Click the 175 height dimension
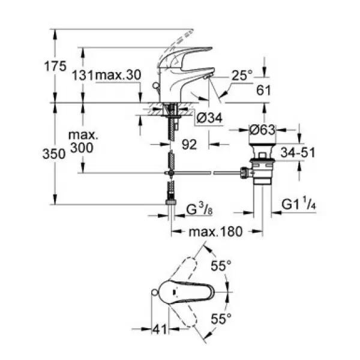[55, 67]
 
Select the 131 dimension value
[83, 76]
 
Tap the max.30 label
[118, 75]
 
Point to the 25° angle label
[242, 75]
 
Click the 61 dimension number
[263, 90]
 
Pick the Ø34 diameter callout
[209, 118]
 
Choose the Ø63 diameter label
[262, 130]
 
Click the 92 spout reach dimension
[189, 145]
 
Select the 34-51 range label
[298, 152]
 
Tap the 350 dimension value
[54, 154]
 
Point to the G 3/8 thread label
[199, 209]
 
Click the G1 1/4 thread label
[299, 204]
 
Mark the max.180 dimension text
[215, 232]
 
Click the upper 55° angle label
[221, 266]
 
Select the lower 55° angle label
[221, 319]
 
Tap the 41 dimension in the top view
[160, 329]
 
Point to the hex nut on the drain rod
[245, 173]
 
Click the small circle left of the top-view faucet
[155, 292]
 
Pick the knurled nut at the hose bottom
[170, 202]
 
